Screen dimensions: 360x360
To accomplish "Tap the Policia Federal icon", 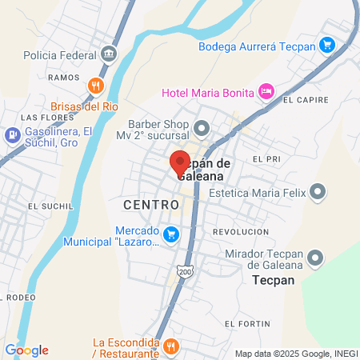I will pos(110,55).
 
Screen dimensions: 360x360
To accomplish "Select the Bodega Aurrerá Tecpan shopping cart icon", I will pos(326,45).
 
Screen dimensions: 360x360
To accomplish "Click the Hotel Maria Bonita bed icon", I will pos(267,91).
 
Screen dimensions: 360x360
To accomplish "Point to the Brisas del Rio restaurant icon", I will pos(96,86).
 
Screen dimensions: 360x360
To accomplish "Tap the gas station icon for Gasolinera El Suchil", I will pos(12,134).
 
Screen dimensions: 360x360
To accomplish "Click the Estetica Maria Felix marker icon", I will pos(318,192).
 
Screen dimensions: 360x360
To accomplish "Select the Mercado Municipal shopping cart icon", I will pos(170,234).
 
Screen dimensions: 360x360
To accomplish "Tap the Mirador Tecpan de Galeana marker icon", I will pos(316,258).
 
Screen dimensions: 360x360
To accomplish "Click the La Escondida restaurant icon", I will pos(170,346).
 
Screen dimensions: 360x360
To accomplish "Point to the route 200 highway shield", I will pos(185,272).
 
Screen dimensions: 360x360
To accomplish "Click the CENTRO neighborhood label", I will pos(151,205).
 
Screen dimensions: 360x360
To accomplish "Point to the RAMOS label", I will pos(64,78).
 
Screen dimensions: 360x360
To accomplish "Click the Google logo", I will pos(26,350).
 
